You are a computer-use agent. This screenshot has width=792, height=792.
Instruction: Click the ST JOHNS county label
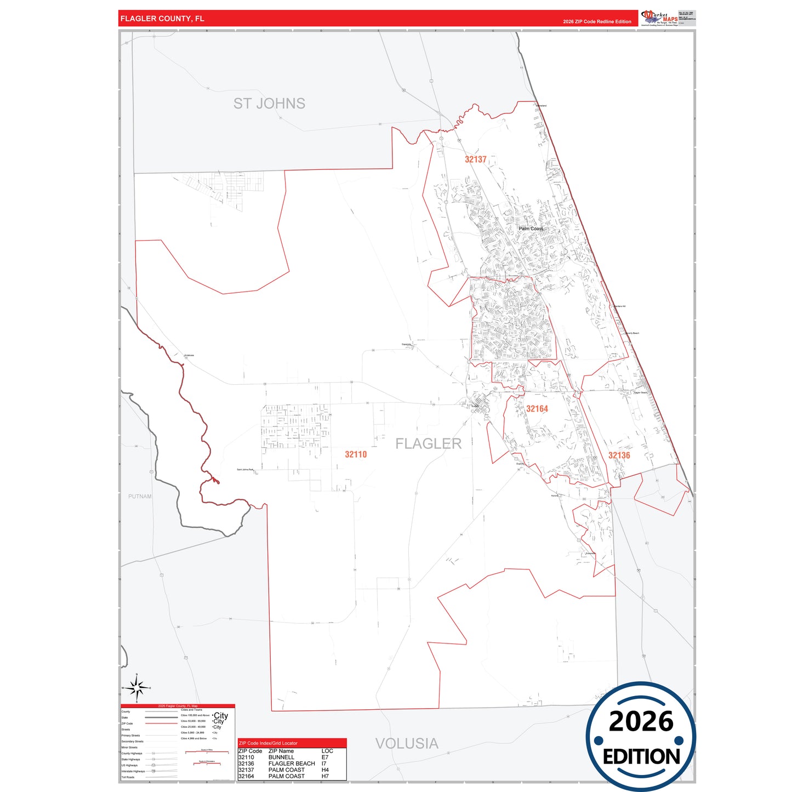269,104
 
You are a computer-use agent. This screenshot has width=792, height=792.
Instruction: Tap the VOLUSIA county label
407,744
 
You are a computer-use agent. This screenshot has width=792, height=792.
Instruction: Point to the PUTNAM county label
140,497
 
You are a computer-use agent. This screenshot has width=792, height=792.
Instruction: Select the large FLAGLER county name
429,443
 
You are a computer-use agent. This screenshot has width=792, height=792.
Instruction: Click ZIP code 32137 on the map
476,159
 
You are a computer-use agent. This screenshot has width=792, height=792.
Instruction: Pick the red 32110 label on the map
356,454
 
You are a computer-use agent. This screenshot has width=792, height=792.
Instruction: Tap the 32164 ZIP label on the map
537,409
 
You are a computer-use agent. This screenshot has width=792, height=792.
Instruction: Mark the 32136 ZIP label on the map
619,455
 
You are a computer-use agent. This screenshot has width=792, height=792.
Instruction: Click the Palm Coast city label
531,229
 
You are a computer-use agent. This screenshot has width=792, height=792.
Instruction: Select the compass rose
136,688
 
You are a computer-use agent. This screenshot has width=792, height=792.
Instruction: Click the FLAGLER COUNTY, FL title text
162,19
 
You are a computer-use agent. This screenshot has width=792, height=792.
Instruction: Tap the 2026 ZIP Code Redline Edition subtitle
597,22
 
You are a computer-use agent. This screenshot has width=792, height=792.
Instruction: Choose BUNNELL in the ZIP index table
281,757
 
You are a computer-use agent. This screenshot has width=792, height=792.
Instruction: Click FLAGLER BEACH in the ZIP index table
292,763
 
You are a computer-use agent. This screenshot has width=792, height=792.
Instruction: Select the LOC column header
327,751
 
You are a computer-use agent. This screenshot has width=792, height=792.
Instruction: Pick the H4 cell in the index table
325,770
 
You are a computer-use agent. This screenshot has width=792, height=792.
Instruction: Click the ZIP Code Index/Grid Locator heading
268,743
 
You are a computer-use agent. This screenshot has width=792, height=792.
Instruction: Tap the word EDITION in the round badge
641,757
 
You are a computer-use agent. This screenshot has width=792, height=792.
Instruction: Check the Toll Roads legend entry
128,777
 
